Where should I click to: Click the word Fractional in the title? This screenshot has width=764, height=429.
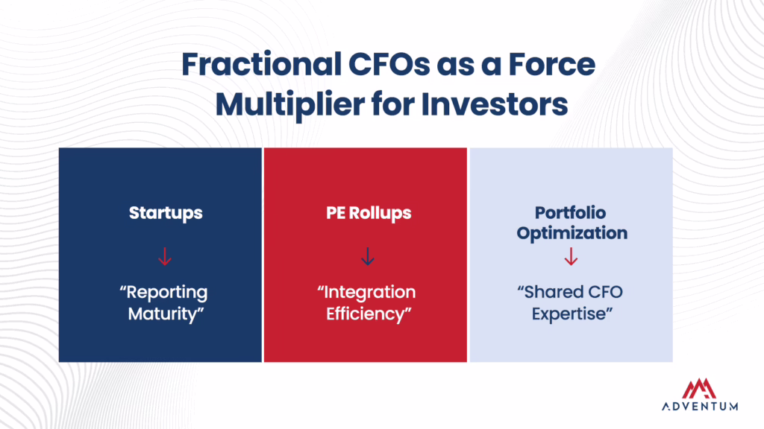coord(262,64)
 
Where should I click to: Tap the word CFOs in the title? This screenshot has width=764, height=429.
coord(389,64)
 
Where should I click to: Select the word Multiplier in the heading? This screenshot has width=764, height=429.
coord(290,105)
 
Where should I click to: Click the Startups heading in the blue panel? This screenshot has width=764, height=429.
coord(166,213)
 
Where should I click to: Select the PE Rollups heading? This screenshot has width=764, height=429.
coord(369,213)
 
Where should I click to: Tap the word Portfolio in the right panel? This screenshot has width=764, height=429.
coord(571,212)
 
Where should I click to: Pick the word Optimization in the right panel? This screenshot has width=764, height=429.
coord(572,233)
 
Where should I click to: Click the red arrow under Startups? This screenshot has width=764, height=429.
coord(165,256)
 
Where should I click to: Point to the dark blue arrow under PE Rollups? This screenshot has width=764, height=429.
coord(368,256)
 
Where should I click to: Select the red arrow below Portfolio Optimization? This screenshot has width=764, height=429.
coord(571,256)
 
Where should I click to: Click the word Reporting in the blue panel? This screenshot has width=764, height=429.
coord(163,293)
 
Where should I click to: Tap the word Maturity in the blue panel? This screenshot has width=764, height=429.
coord(166,314)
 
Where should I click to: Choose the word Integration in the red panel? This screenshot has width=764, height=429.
coord(366,293)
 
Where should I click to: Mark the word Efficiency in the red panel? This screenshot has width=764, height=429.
coord(369,314)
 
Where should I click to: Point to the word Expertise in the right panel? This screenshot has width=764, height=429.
coord(572,314)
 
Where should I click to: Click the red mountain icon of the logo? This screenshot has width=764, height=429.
coord(699,389)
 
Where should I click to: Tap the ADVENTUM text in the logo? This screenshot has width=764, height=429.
coord(700,406)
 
